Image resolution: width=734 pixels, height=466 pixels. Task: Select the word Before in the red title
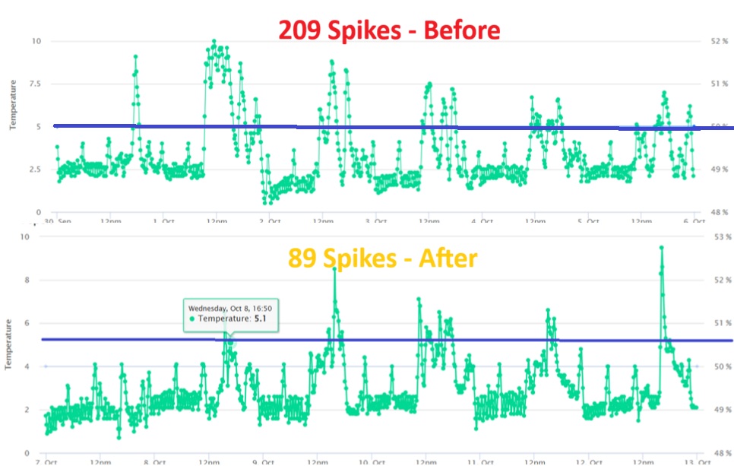(x=462, y=30)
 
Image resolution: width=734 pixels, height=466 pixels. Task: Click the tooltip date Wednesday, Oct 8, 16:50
(x=231, y=308)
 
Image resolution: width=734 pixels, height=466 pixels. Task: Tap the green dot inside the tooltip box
(x=192, y=319)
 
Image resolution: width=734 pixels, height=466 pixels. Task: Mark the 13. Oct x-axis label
(x=690, y=461)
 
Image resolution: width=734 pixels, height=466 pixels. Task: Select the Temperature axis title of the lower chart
(x=9, y=344)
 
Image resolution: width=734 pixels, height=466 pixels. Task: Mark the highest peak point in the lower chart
(x=661, y=247)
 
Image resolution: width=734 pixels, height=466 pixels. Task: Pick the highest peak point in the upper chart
(x=214, y=42)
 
